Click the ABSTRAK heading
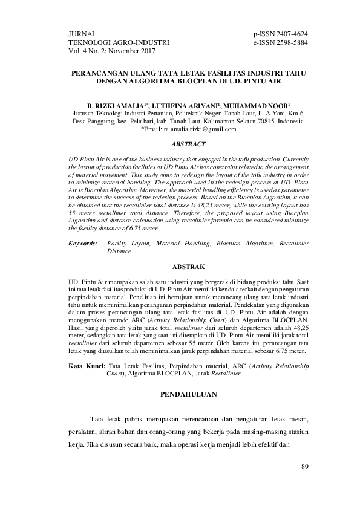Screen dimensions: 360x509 [x=188, y=266]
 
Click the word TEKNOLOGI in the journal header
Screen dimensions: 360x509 [x=92, y=42]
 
